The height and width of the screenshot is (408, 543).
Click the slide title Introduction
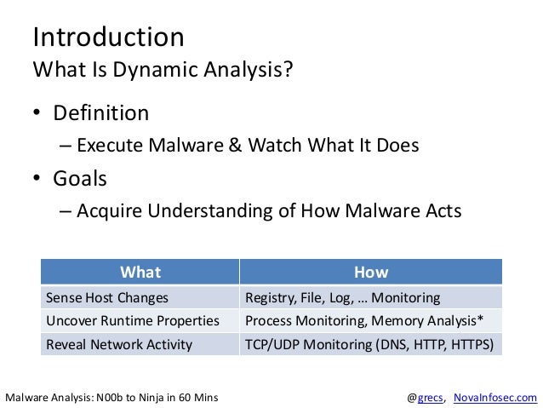point(108,37)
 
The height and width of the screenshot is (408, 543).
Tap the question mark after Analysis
point(289,68)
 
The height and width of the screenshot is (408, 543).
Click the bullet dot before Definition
point(37,112)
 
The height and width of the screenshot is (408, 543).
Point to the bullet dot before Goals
point(37,177)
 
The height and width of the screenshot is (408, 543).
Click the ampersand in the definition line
point(235,145)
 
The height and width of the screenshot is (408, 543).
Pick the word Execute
point(111,145)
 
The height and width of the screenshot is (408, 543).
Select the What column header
point(140,272)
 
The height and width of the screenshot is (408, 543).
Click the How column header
point(371,272)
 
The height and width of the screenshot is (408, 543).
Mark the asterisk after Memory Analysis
point(480,318)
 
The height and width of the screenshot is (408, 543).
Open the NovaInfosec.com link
point(495,397)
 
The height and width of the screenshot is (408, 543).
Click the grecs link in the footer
point(430,398)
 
